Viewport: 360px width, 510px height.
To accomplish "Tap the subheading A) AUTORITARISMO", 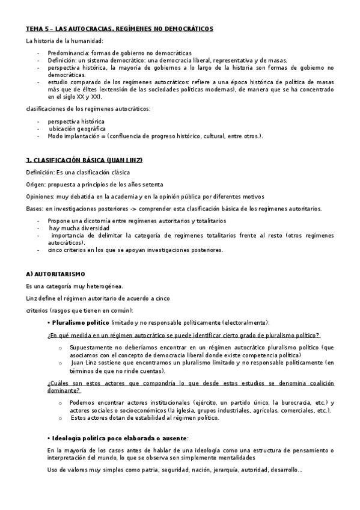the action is coord(59,274).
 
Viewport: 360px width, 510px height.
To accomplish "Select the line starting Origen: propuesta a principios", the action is coord(94,185).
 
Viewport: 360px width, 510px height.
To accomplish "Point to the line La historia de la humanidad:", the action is coord(64,40).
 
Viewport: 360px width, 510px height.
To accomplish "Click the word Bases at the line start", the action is coord(34,209).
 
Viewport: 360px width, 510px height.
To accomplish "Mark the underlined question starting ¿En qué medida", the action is coord(183,335).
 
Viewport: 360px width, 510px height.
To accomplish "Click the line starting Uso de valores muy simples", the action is coord(174,470).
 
